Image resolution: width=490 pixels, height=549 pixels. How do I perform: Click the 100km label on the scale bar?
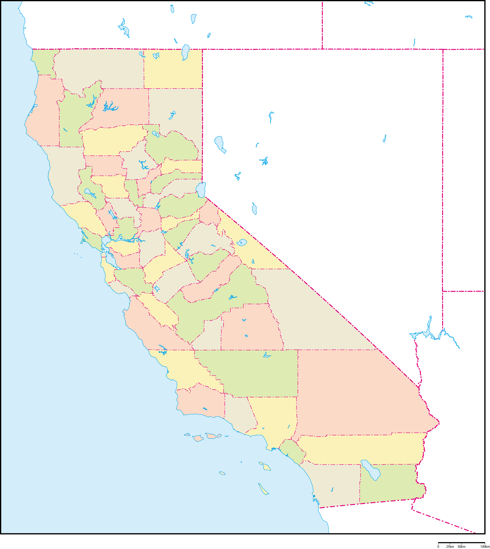coord(485,547)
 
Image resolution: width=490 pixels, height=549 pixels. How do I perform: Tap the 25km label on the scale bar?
coord(450,547)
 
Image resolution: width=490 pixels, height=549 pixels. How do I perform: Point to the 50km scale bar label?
coord(461,547)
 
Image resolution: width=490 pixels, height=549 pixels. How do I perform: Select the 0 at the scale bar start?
coord(438,547)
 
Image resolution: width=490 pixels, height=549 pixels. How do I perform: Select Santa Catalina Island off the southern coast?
coord(265,466)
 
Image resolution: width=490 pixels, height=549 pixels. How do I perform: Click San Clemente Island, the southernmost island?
coord(263,489)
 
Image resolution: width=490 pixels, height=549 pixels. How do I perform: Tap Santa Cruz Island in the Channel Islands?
coord(213,436)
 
